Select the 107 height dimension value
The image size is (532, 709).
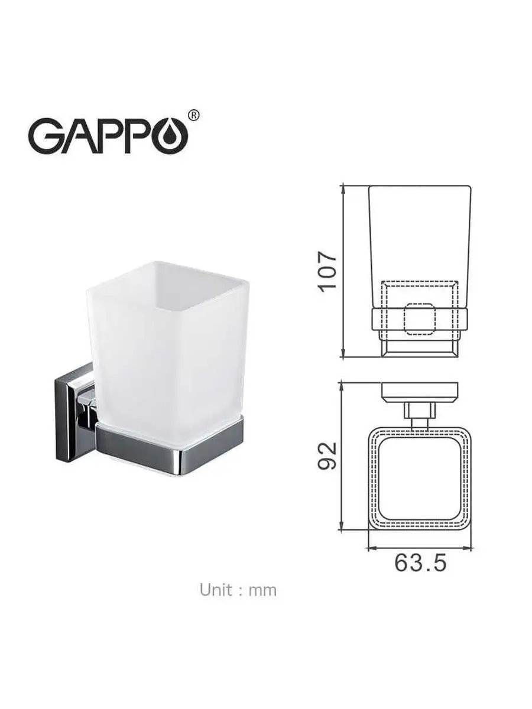click(326, 271)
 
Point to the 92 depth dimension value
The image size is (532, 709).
click(326, 456)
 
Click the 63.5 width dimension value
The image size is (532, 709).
click(420, 563)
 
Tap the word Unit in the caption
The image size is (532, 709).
click(216, 590)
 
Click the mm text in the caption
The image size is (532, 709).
click(262, 590)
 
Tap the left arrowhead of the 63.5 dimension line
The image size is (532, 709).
click(371, 548)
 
